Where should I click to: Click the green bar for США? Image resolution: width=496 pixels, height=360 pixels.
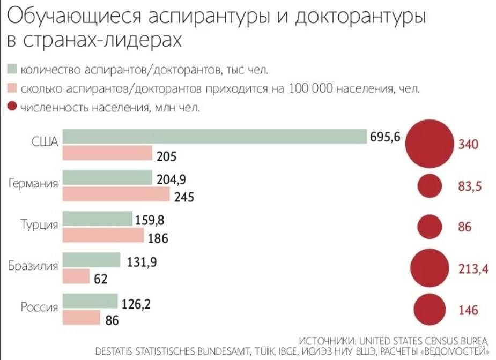tap(214, 137)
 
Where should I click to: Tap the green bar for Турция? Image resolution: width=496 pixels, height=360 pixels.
tap(98, 219)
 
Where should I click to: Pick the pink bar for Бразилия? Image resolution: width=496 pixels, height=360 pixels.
tap(76, 276)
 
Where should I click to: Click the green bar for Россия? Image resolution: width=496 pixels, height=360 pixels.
tap(90, 301)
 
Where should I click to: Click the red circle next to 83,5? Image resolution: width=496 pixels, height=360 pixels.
tap(430, 186)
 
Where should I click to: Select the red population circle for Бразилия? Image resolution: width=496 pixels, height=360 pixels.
tap(429, 268)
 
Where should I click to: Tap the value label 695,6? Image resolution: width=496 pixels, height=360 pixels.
tap(384, 138)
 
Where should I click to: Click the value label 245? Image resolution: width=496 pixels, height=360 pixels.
tap(184, 197)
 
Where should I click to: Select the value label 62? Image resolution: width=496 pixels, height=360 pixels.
tap(100, 279)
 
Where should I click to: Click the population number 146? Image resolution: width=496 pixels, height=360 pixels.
tap(468, 310)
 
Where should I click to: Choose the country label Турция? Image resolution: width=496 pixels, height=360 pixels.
tap(40, 224)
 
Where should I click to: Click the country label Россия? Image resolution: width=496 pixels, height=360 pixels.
tap(39, 307)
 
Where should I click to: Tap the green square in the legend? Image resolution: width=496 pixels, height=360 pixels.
tap(12, 70)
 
